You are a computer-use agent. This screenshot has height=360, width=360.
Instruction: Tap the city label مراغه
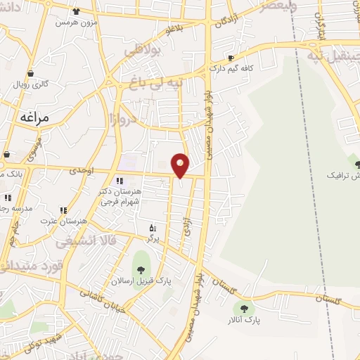point(34,117)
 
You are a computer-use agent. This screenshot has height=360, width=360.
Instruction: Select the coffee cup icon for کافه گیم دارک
point(231,58)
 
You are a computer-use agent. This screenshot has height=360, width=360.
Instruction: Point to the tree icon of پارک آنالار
point(244,307)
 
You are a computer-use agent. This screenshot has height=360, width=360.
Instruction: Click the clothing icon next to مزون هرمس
point(76,12)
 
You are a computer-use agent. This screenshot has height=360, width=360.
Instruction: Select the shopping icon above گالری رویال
point(30,72)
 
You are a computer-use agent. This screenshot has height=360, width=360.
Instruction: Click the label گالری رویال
point(32,83)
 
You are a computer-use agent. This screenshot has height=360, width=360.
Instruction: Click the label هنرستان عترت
point(65,220)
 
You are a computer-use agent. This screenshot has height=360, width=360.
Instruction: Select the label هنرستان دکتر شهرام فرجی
point(122,196)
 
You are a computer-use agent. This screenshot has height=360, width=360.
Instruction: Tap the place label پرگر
point(153,238)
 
